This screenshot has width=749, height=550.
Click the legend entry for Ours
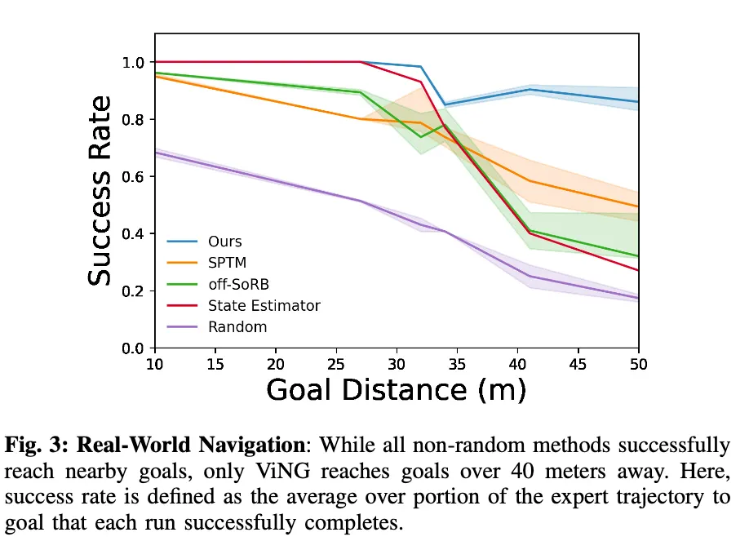224,242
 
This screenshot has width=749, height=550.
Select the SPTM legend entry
227,263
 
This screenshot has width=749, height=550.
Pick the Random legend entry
237,326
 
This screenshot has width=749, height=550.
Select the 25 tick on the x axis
336,364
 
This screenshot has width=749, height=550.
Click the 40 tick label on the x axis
517,364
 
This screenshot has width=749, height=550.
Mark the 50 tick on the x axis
638,364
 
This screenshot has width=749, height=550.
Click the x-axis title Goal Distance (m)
397,390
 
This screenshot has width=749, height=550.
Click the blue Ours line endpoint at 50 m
637,102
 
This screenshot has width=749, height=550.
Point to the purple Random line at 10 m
156,153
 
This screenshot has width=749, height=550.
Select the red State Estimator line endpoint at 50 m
637,270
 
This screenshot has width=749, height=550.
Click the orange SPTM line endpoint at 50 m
637,206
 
